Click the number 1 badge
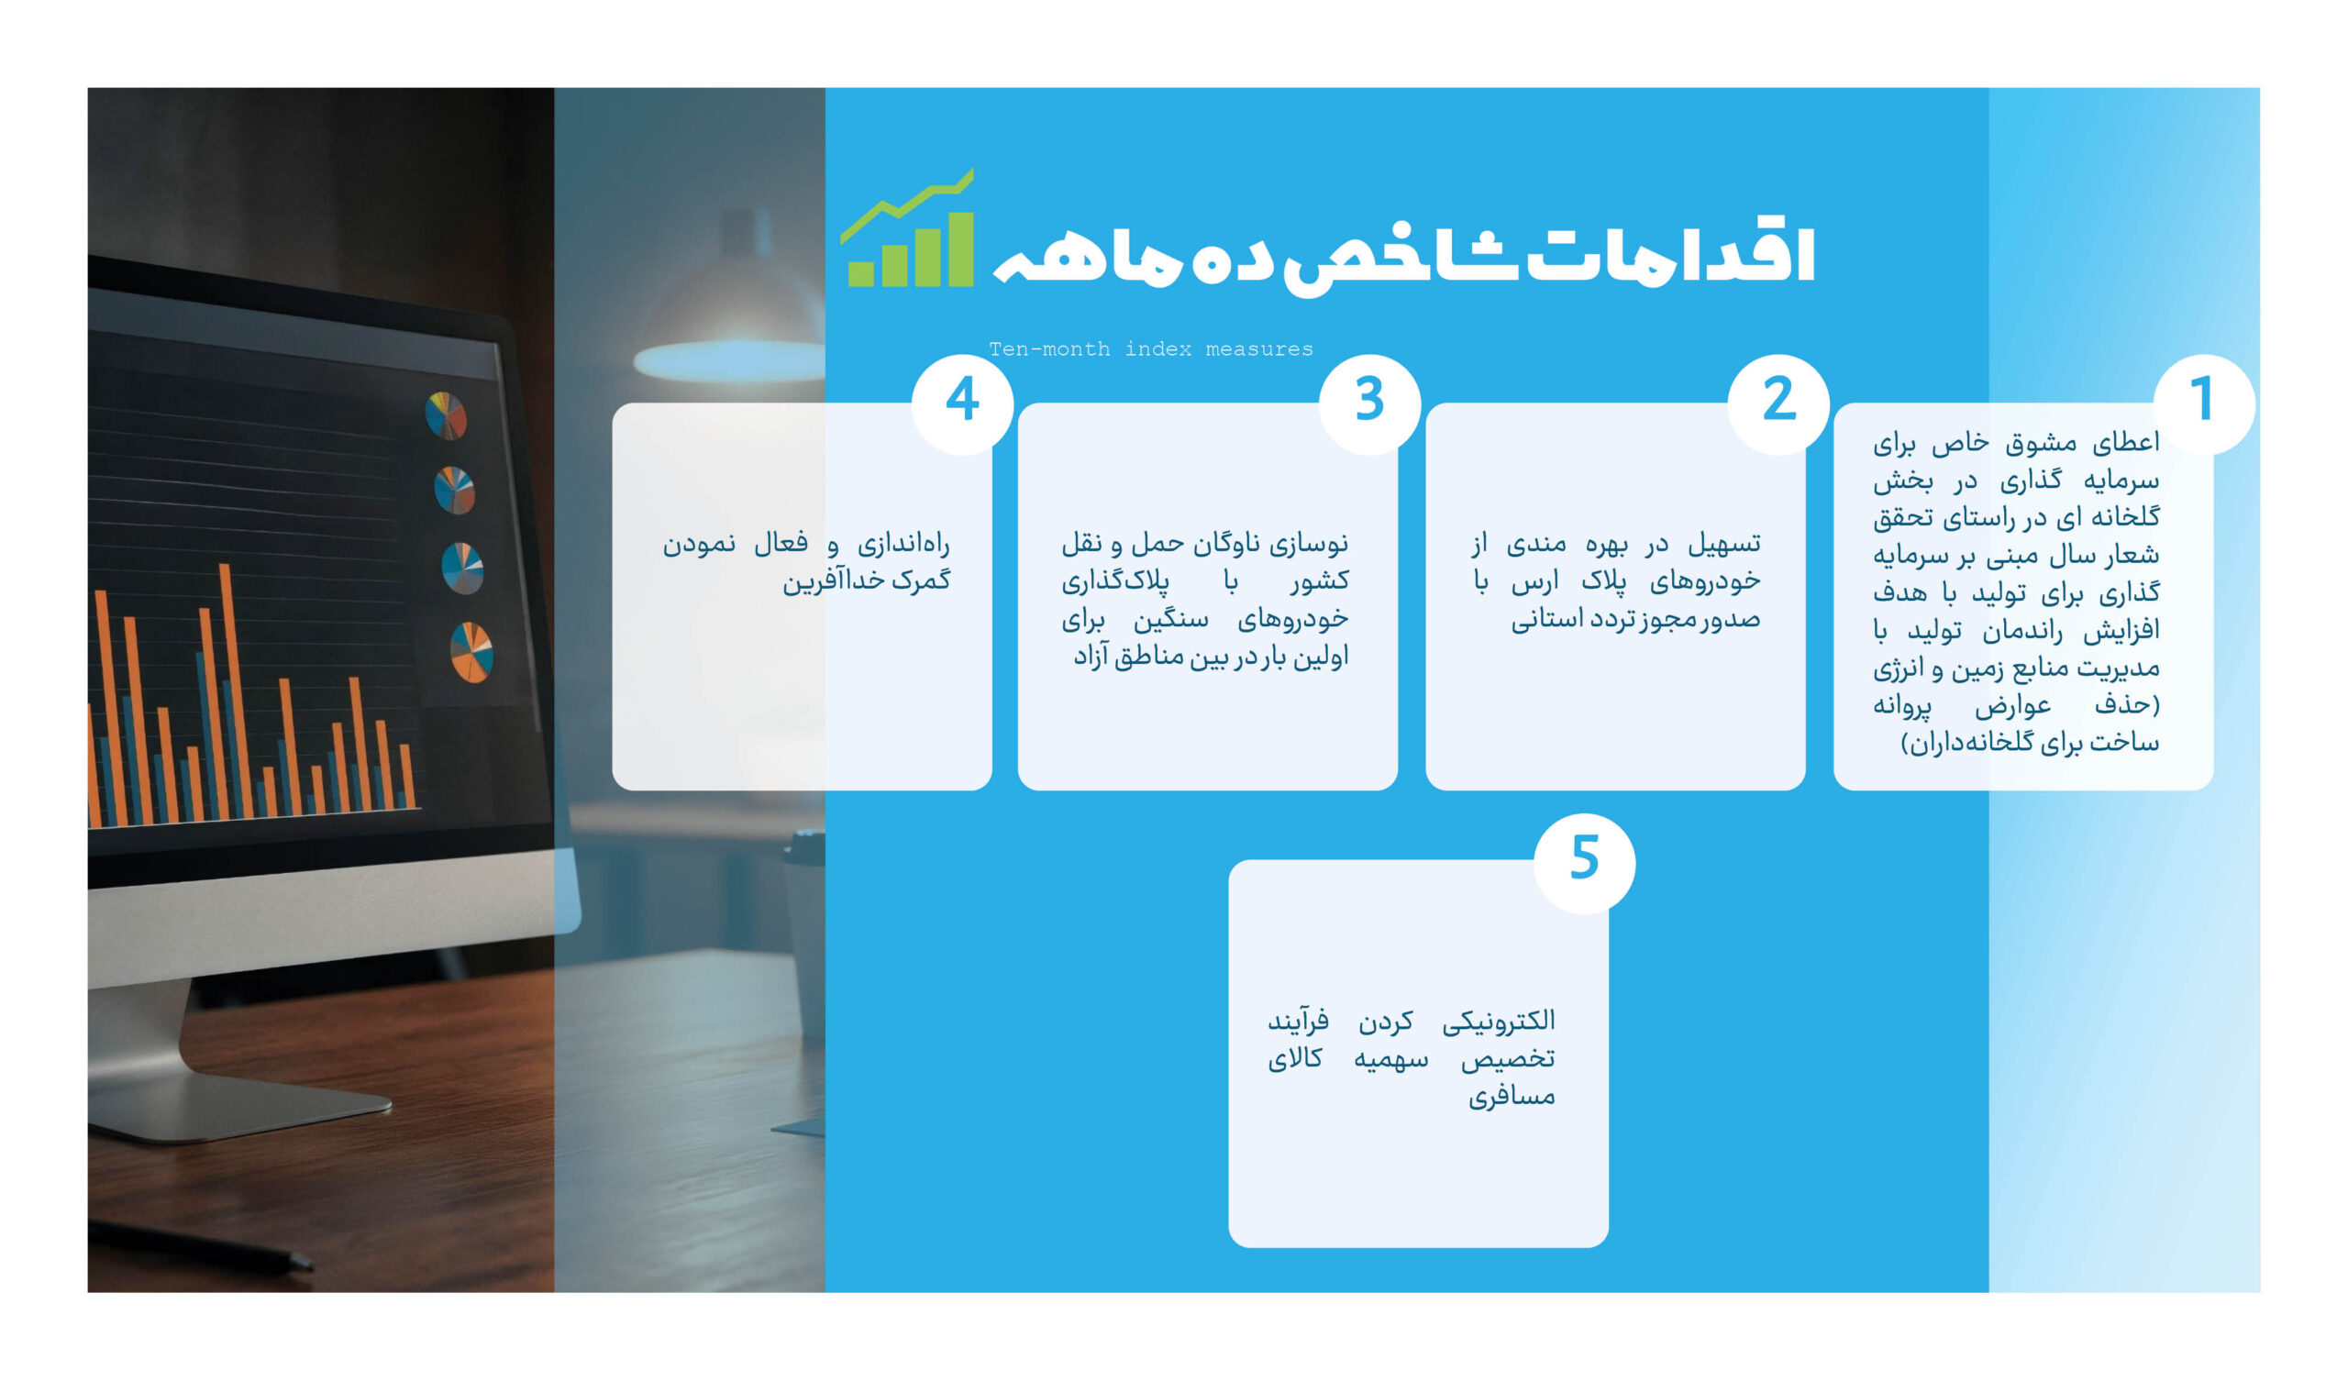pos(2204,403)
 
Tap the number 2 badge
pos(1778,403)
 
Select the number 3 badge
pos(1369,403)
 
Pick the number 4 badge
pos(962,403)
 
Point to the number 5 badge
pos(1584,863)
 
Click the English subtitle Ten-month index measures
pos(1151,349)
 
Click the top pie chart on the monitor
pos(446,415)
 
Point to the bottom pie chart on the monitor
pos(471,652)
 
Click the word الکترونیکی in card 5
pos(1499,1021)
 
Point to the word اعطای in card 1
pos(2125,443)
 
